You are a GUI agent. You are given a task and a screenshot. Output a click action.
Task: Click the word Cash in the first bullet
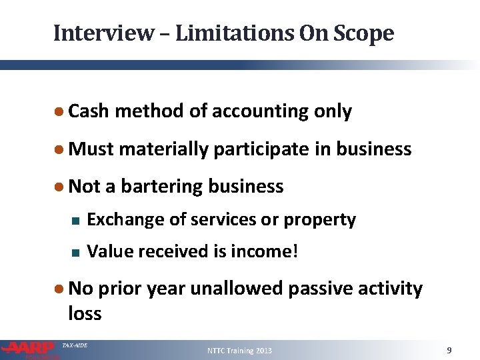89,111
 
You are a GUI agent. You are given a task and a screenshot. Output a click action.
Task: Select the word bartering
162,186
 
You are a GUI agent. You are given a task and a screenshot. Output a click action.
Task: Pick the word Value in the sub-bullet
107,251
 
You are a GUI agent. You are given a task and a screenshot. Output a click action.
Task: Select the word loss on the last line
85,313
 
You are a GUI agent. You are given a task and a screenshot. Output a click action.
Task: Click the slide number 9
449,350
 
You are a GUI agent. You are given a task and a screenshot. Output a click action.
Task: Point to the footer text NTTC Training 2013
239,350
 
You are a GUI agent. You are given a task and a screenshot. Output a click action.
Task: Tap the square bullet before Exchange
75,220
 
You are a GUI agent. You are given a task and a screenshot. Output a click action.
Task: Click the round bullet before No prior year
60,289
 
